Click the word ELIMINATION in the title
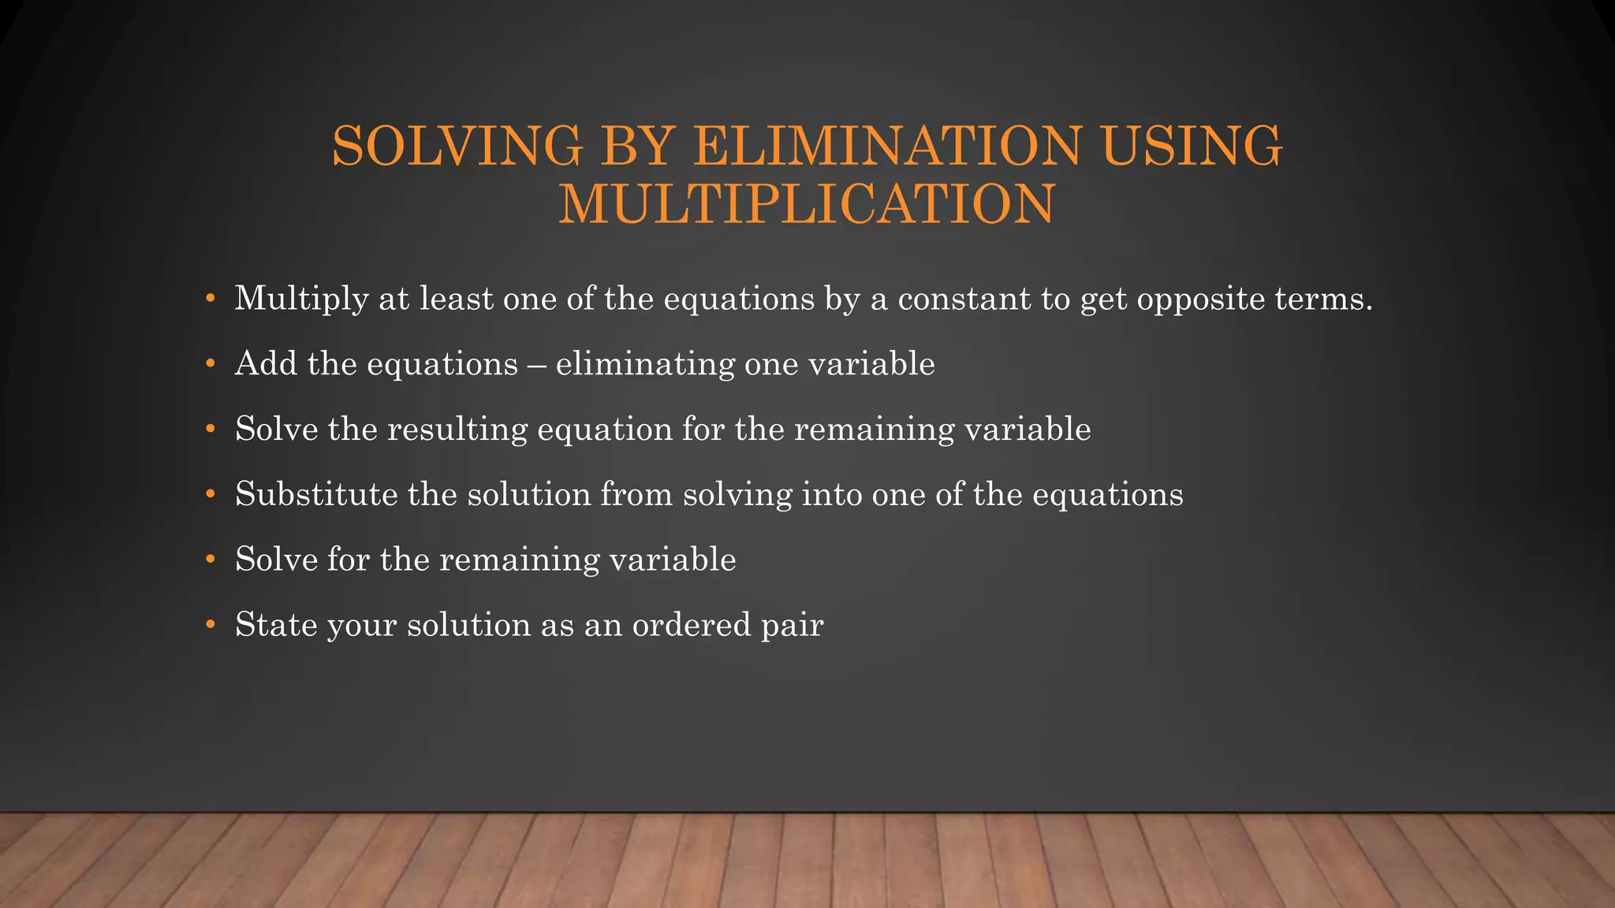887,146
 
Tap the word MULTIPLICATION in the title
807,203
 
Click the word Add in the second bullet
266,363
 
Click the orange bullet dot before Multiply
210,300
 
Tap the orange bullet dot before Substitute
210,495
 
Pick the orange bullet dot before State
210,625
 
